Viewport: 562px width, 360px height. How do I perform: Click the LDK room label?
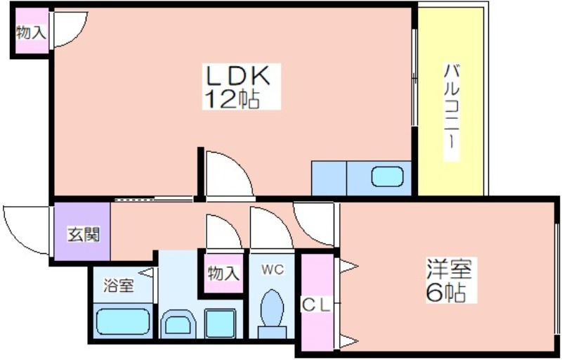coord(237,75)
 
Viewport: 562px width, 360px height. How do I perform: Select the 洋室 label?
coord(449,269)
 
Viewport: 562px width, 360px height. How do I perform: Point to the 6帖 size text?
coord(446,292)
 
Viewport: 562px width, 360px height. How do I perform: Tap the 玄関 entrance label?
coord(84,235)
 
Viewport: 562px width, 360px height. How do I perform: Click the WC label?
coord(273,269)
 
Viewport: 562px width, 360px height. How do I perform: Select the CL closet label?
coord(316,305)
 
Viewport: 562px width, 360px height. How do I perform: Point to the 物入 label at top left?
coord(32,33)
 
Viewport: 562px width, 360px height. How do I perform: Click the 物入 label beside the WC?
coord(223,274)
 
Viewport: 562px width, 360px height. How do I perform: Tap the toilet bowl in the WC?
coord(273,308)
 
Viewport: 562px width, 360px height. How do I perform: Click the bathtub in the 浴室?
coord(123,321)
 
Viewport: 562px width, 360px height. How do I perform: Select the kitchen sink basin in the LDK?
coord(388,176)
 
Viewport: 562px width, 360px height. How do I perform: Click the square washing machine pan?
coord(221,323)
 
